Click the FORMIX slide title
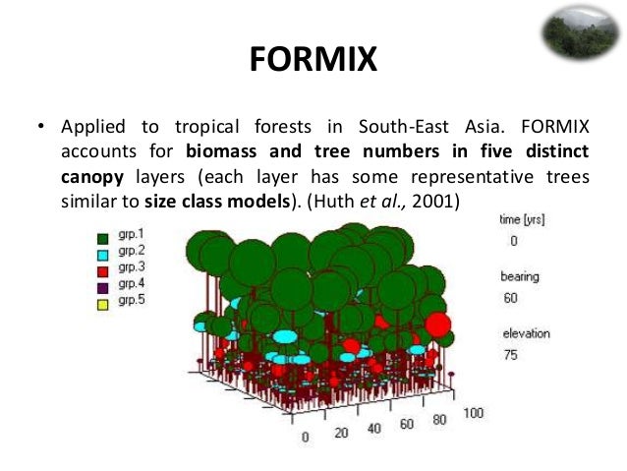pos(313,60)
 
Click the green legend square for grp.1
pos(102,237)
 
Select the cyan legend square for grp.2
pos(102,253)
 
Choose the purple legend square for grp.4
pos(102,284)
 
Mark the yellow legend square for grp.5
pos(102,300)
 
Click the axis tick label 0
pos(306,437)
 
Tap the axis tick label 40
pos(374,429)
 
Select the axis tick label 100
pos(473,413)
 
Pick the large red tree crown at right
pos(437,324)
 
